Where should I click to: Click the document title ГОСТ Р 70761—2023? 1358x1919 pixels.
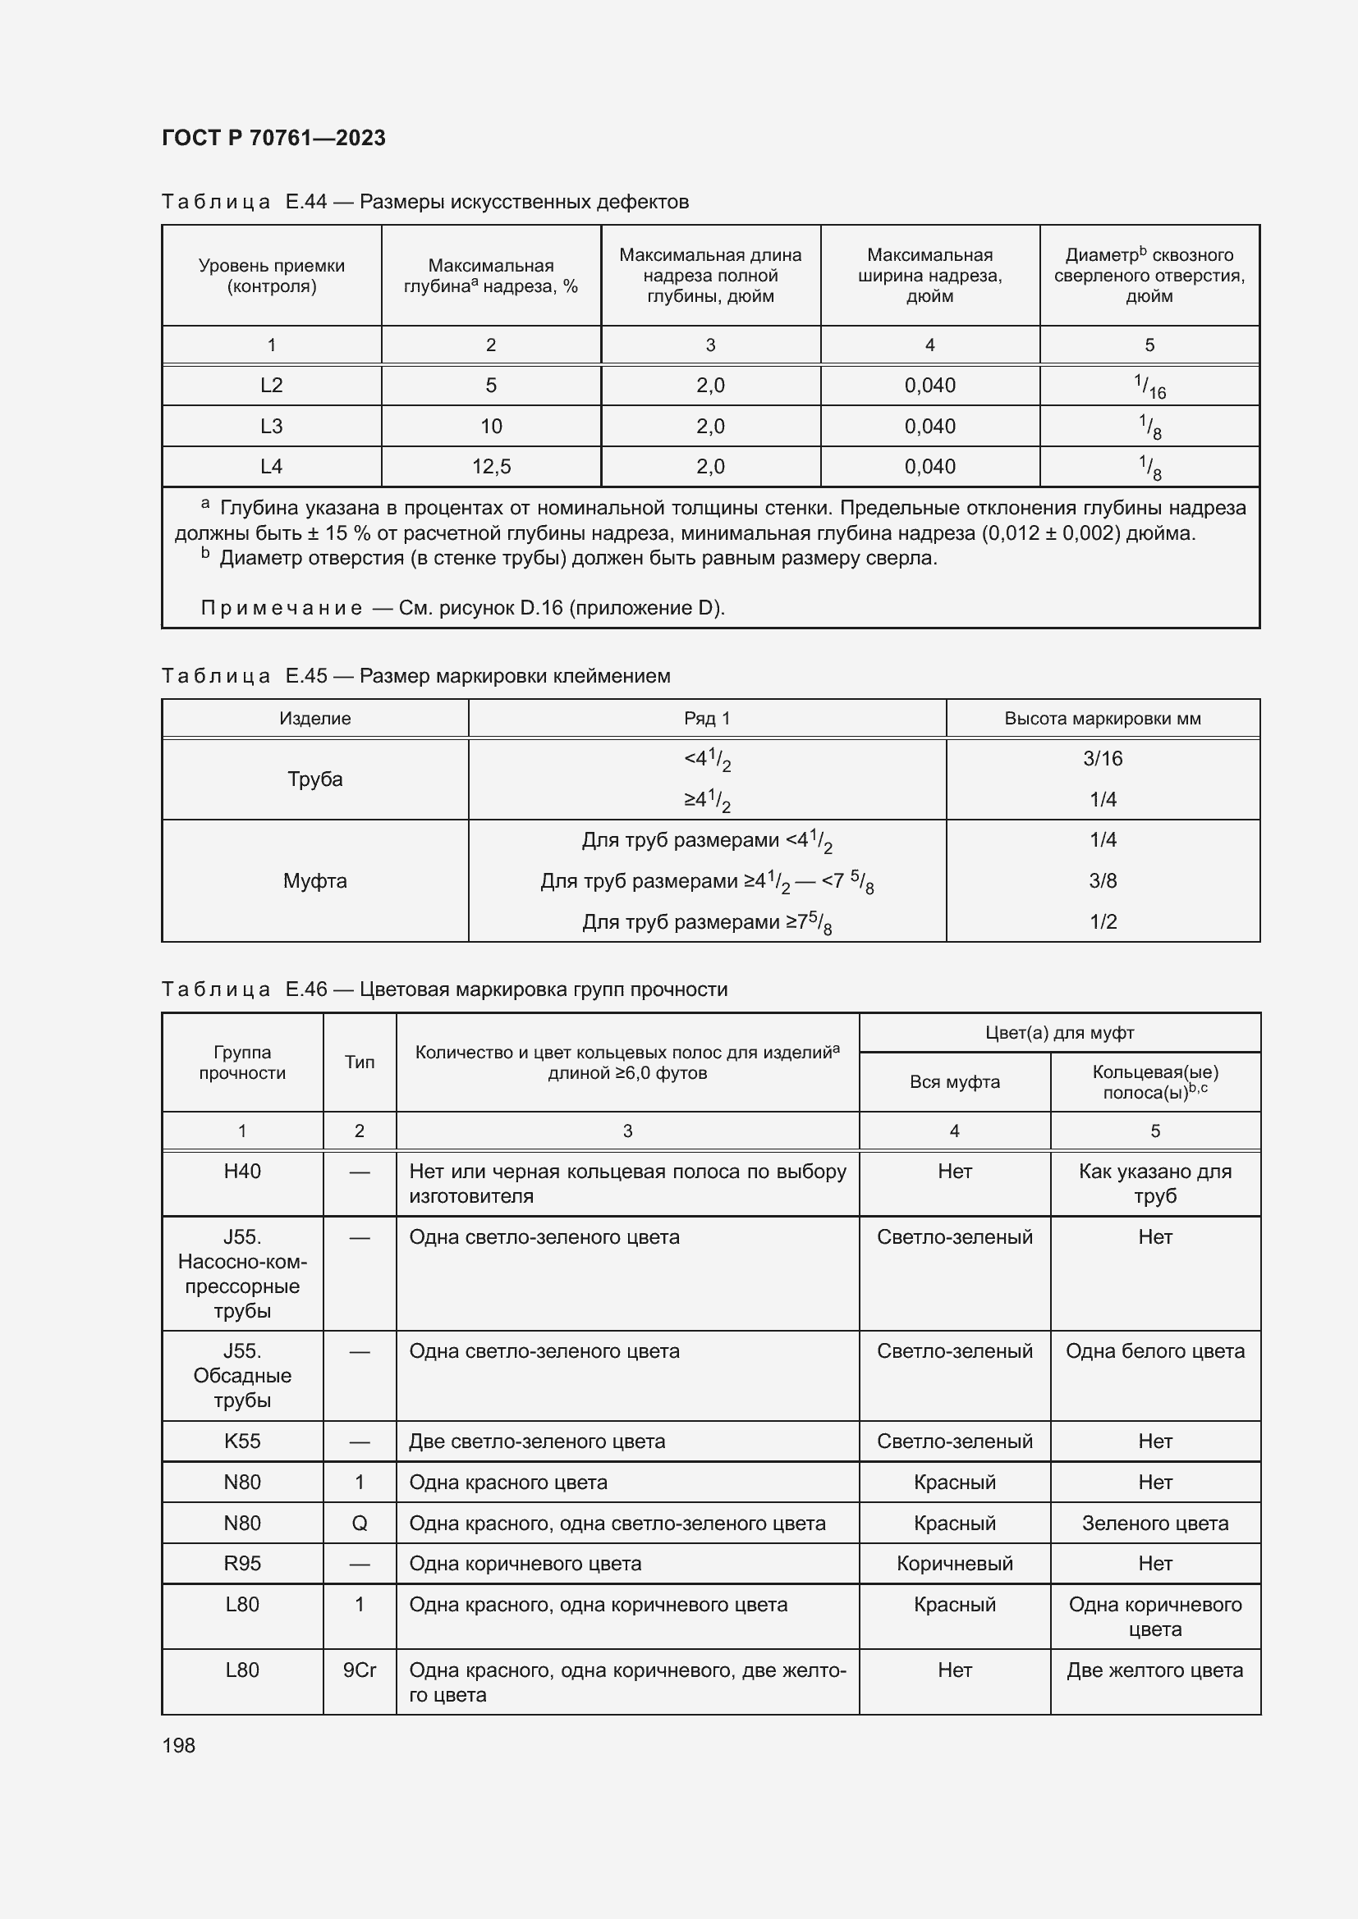click(x=273, y=138)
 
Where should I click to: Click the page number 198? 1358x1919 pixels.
click(x=178, y=1745)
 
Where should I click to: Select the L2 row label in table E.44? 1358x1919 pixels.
click(x=271, y=386)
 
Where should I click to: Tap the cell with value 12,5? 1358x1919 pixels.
click(x=491, y=466)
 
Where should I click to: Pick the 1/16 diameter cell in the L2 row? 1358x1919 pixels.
click(x=1149, y=386)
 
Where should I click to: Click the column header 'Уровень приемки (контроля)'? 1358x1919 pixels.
click(x=271, y=276)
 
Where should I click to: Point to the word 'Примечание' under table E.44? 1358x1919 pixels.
click(x=281, y=608)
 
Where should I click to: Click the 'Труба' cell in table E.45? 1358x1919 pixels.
click(x=314, y=779)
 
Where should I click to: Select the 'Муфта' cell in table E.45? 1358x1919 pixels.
click(x=314, y=881)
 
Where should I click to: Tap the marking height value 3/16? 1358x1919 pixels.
click(x=1102, y=758)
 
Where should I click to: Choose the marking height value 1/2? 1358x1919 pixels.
click(x=1102, y=921)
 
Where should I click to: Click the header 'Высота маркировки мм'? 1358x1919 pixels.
click(x=1102, y=718)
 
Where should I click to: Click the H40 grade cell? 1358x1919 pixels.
click(x=241, y=1171)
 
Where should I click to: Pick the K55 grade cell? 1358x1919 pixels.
click(x=241, y=1441)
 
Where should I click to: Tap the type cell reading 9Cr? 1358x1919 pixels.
click(x=360, y=1670)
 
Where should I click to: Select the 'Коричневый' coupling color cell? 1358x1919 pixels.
click(x=954, y=1563)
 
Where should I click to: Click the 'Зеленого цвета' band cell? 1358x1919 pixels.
click(x=1155, y=1523)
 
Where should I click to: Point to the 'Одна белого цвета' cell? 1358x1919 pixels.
click(x=1155, y=1350)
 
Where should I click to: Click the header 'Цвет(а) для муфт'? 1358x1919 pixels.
click(x=1058, y=1033)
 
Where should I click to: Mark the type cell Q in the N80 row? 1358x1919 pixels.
click(x=360, y=1523)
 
